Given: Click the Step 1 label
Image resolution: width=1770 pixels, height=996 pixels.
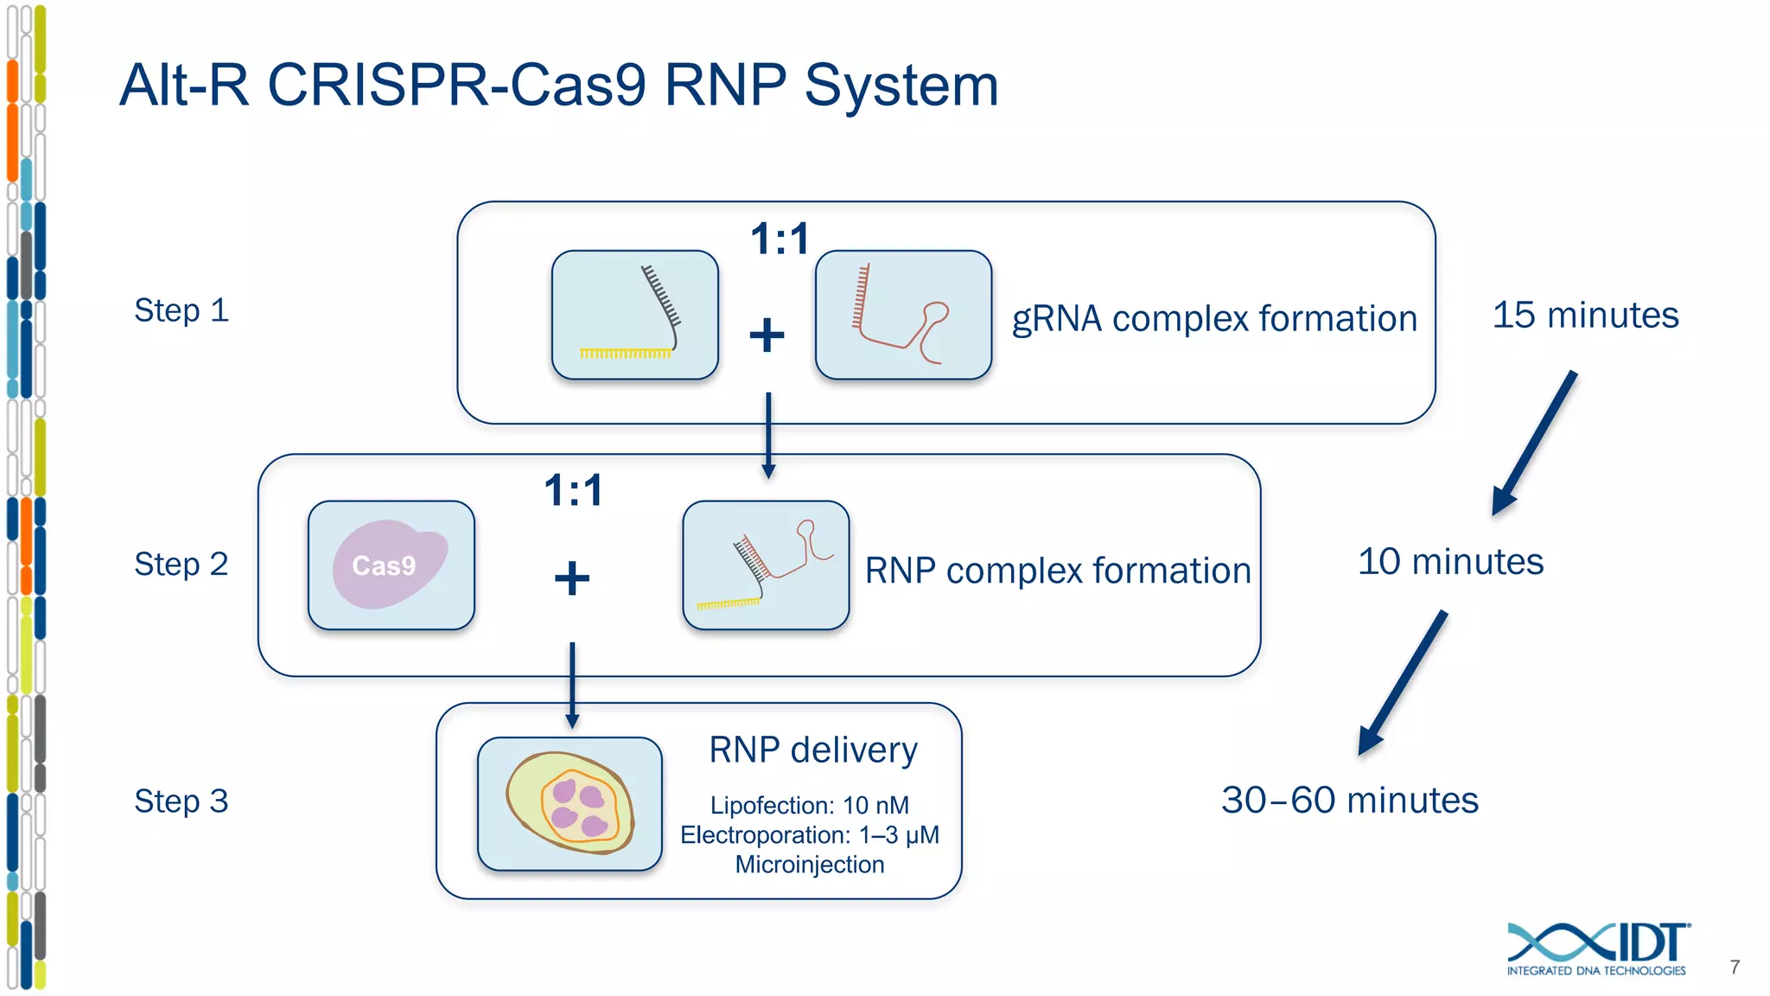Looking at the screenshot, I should click(181, 310).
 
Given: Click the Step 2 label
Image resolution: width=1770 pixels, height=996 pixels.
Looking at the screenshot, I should click(181, 564).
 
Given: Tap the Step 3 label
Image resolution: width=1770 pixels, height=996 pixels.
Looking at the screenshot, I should click(181, 801).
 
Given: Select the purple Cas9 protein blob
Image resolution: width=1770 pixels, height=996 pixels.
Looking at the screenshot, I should click(389, 564).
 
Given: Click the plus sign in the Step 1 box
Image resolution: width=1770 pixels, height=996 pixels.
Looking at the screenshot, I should click(767, 335).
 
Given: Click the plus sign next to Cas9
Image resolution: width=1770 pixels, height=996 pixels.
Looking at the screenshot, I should click(571, 578).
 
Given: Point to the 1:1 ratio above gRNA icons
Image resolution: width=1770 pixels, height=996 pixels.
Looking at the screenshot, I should click(780, 239).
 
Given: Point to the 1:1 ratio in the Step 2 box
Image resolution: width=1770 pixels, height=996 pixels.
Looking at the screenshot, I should click(574, 490).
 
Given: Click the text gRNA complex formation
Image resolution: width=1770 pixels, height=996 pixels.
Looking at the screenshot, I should click(1214, 318).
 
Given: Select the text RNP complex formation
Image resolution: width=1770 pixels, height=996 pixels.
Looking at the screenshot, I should click(1058, 571).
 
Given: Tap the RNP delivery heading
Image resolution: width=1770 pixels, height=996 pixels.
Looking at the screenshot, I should click(812, 750).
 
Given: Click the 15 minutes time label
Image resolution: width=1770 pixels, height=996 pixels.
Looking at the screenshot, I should click(1585, 315).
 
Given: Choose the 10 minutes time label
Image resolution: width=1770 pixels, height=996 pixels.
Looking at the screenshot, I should click(1450, 561).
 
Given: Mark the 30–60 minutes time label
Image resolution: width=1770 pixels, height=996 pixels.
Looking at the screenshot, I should click(1349, 800).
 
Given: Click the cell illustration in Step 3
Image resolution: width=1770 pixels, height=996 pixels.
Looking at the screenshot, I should click(570, 803).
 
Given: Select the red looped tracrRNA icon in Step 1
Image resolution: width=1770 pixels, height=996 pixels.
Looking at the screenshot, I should click(903, 315).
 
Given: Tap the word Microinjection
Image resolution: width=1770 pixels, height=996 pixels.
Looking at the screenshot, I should click(809, 865).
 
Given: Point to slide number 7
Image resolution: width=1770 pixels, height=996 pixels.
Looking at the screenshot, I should click(1735, 967).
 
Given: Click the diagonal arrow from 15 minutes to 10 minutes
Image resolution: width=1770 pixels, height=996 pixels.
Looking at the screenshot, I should click(1535, 443).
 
